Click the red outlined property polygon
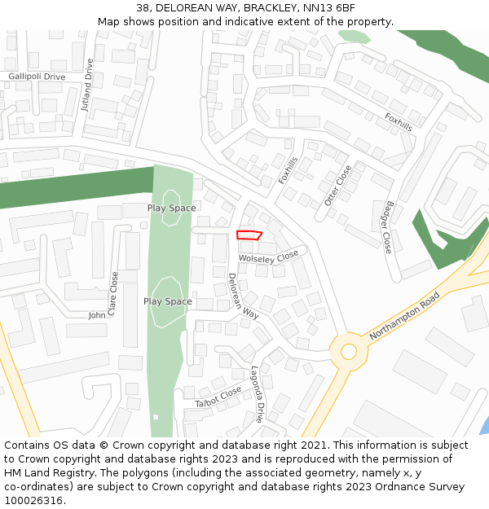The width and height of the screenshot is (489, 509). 249,235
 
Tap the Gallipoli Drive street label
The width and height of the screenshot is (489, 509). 37,77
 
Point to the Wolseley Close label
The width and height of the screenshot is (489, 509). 269,257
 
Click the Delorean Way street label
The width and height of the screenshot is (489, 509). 243,296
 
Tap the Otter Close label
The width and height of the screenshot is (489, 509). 338,185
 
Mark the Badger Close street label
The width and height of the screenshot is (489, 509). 388,226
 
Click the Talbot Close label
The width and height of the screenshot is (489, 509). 218,397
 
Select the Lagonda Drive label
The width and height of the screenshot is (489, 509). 258,394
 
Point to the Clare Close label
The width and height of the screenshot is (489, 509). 113,293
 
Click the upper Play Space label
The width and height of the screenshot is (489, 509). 171,208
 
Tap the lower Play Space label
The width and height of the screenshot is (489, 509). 168,301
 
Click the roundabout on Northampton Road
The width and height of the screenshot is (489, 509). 349,351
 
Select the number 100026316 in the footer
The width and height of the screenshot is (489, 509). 35,501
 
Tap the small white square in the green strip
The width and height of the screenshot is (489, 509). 156,417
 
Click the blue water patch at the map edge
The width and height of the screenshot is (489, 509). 485,425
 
